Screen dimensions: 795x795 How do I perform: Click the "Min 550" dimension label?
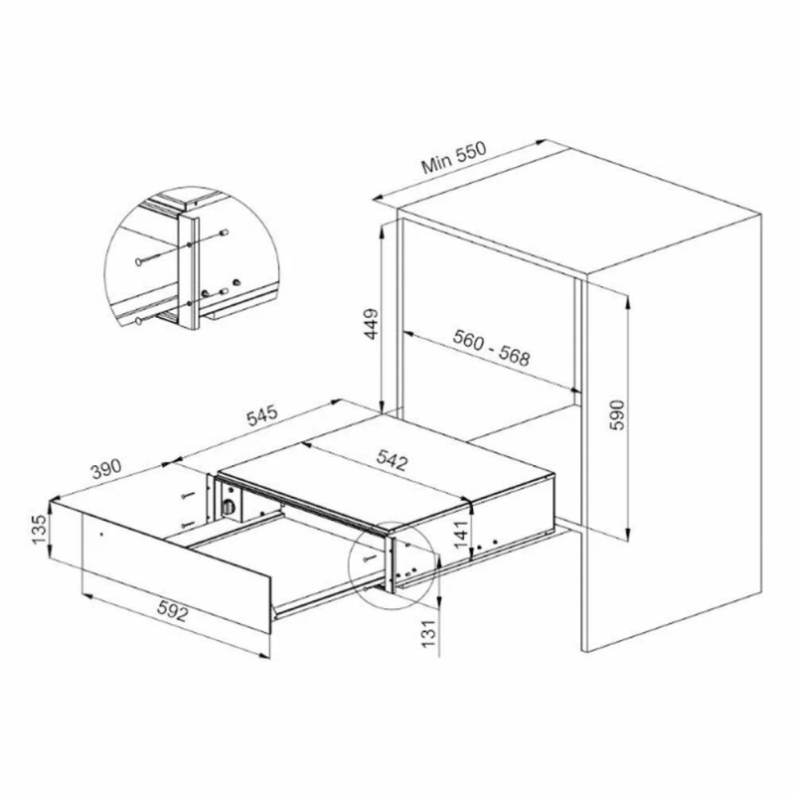(454, 158)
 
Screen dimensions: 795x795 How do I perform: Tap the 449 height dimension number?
(372, 324)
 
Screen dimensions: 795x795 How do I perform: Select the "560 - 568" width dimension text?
(491, 348)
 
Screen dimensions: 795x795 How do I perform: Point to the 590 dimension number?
(617, 414)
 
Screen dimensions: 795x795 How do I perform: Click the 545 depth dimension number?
(262, 414)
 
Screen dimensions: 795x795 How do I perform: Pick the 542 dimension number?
(392, 460)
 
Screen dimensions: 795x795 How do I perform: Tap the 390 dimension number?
(106, 469)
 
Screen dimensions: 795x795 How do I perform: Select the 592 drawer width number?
(173, 611)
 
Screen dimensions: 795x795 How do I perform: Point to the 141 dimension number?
(461, 535)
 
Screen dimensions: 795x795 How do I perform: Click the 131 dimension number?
(429, 633)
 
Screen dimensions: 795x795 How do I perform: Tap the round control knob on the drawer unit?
(230, 507)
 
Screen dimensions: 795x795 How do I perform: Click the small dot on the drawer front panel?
(101, 534)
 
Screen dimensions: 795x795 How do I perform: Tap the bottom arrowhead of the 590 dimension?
(628, 534)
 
